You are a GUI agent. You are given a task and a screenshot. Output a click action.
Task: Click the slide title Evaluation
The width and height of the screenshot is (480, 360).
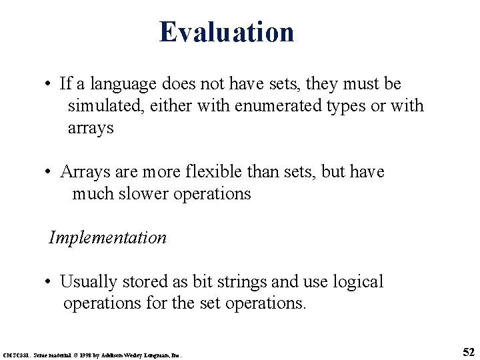(227, 31)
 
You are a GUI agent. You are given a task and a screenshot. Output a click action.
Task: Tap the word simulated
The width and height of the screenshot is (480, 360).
(102, 106)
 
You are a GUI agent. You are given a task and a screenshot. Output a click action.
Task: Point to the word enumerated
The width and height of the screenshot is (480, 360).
(267, 106)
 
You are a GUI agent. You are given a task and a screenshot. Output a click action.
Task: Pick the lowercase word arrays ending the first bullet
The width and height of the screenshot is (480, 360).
(91, 128)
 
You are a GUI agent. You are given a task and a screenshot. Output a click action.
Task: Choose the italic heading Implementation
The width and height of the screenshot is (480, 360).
(107, 237)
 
